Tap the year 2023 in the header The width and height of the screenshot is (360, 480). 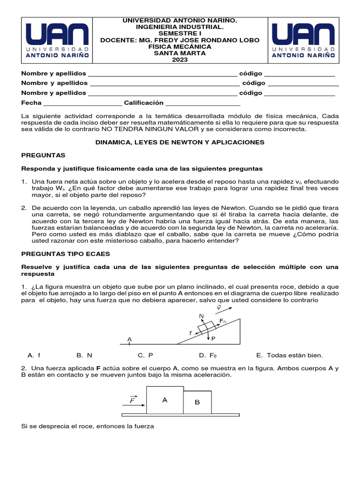pyautogui.click(x=180, y=60)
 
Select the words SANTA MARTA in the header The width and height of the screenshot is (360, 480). pyautogui.click(x=180, y=53)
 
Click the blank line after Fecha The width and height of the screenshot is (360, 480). pyautogui.click(x=82, y=103)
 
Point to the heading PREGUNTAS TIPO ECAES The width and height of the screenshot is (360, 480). pyautogui.click(x=66, y=254)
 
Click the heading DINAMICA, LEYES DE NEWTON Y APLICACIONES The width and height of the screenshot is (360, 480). pyautogui.click(x=180, y=142)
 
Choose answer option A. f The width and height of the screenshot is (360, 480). pyautogui.click(x=34, y=355)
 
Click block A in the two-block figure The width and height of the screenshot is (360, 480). pyautogui.click(x=165, y=400)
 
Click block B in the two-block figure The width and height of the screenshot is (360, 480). pyautogui.click(x=197, y=403)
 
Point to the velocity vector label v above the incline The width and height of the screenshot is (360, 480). pyautogui.click(x=218, y=307)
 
